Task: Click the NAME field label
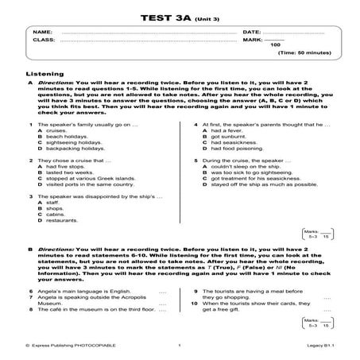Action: (x=41, y=32)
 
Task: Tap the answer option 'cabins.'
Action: (x=56, y=214)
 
